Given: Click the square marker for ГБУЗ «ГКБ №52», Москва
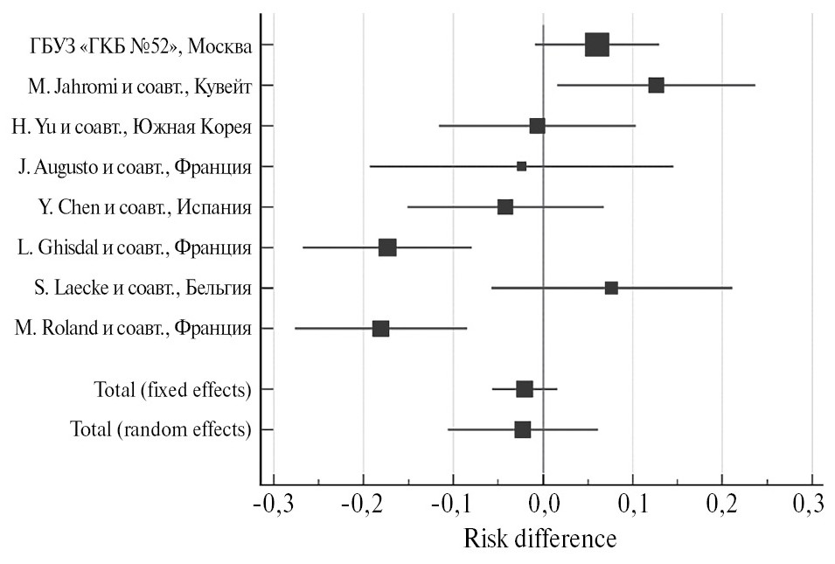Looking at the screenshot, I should (x=596, y=45).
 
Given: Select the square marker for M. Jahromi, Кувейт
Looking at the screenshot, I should (x=656, y=85).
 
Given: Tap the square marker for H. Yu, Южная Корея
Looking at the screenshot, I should (x=537, y=126).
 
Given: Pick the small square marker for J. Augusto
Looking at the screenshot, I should (x=521, y=166).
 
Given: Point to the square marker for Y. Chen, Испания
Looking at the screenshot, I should (x=504, y=207).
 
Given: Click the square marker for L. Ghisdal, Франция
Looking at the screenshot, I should (x=387, y=247).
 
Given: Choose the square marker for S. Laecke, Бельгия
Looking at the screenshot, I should (x=611, y=288).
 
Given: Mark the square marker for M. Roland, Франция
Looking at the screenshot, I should (x=380, y=329).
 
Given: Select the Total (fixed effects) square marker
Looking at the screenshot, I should (x=525, y=389).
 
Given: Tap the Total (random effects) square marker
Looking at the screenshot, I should (x=523, y=429).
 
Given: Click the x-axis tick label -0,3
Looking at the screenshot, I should (x=274, y=506).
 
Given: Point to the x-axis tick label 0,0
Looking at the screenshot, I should (x=543, y=506).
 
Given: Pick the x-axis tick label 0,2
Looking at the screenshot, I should (x=721, y=506).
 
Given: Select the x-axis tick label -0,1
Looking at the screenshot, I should (x=453, y=506).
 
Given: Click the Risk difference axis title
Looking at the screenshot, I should (x=539, y=538).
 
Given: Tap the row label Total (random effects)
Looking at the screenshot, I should (x=160, y=429).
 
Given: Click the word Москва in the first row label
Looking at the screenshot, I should (x=221, y=45).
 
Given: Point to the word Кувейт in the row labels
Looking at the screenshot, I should (x=222, y=86).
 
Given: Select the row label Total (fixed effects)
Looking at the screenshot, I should (x=172, y=389).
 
